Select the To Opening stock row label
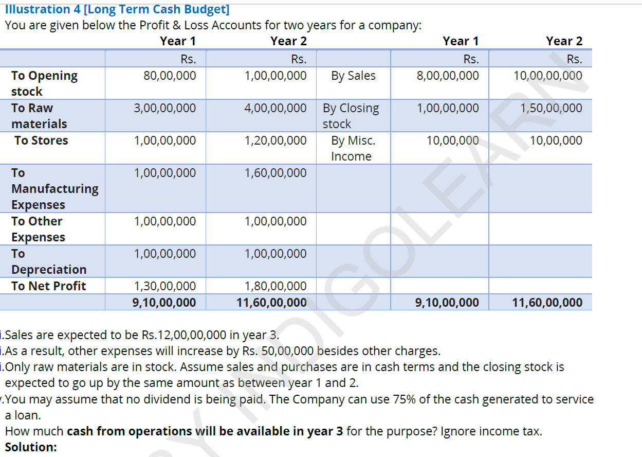[44, 83]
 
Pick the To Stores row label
[41, 140]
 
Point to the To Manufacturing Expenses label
[54, 188]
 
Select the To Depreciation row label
[48, 261]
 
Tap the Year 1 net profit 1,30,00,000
[165, 286]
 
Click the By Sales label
[353, 76]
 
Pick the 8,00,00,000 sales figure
[447, 76]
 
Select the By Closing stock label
[351, 116]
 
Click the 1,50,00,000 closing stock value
[551, 108]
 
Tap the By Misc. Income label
[353, 148]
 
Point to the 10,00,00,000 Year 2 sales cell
[548, 76]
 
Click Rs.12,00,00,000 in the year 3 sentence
[184, 335]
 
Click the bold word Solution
[31, 447]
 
